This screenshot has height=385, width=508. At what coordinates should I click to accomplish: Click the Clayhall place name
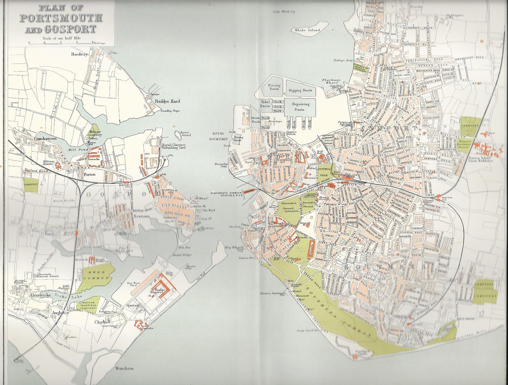pos(102,322)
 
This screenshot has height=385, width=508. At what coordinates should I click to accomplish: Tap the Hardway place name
pos(80,55)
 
